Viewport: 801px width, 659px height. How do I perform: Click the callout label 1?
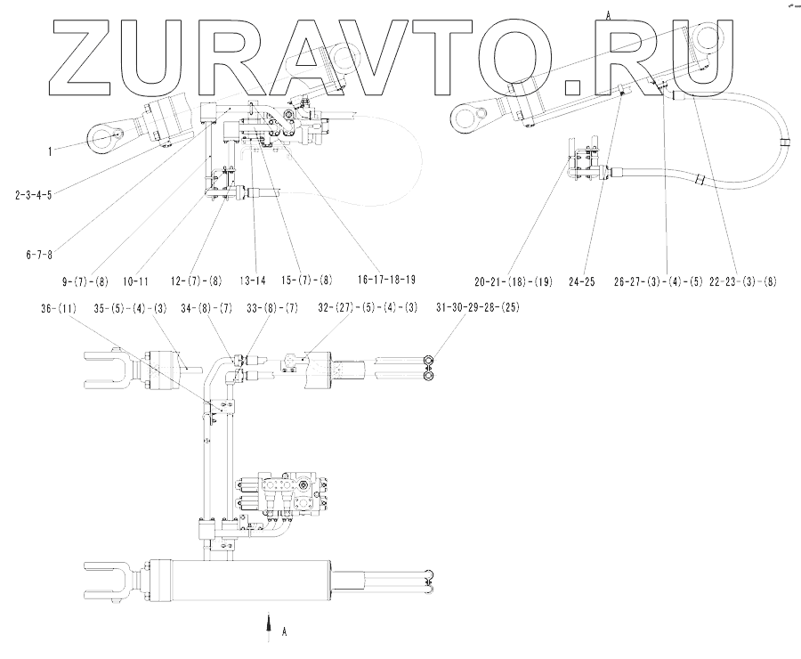click(x=50, y=151)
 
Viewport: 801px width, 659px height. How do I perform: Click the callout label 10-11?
click(x=135, y=281)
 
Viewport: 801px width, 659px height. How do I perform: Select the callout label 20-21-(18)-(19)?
click(x=514, y=281)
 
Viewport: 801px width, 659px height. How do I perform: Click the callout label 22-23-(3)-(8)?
click(x=744, y=281)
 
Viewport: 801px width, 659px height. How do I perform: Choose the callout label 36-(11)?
click(x=58, y=310)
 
